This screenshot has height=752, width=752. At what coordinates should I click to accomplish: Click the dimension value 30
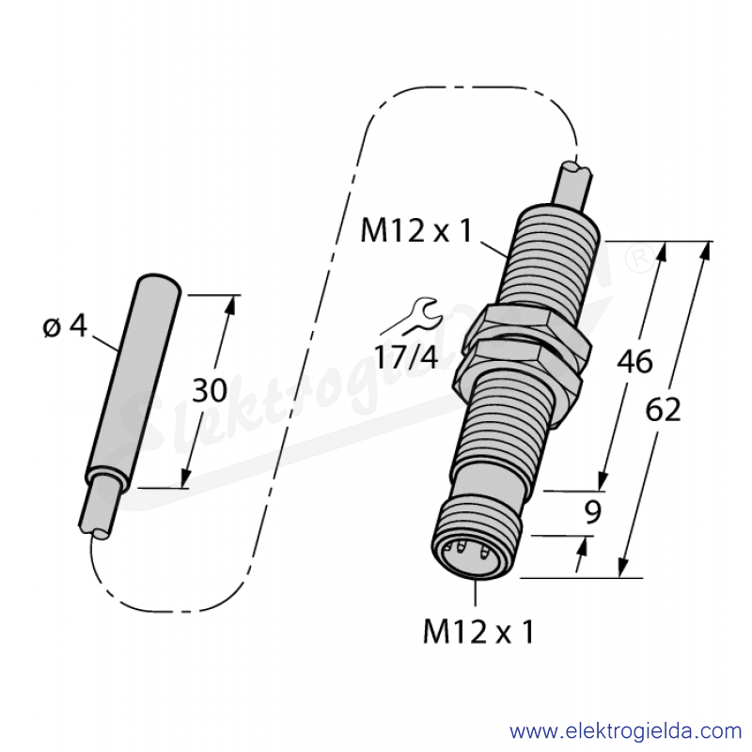pyautogui.click(x=210, y=390)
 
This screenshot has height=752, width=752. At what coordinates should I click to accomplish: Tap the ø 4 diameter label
pyautogui.click(x=65, y=326)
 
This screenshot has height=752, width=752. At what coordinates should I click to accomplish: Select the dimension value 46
pyautogui.click(x=634, y=361)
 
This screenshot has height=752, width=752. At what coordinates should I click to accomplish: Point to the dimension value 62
pyautogui.click(x=663, y=410)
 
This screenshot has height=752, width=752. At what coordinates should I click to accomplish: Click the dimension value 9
pyautogui.click(x=593, y=511)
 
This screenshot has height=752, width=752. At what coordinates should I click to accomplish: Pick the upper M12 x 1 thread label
pyautogui.click(x=416, y=230)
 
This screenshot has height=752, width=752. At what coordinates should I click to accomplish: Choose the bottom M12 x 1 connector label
pyautogui.click(x=478, y=631)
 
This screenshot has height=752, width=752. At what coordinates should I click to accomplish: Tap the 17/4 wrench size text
pyautogui.click(x=406, y=357)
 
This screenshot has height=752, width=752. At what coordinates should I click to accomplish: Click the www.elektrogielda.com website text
pyautogui.click(x=625, y=731)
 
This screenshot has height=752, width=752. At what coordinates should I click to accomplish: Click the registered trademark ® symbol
pyautogui.click(x=640, y=259)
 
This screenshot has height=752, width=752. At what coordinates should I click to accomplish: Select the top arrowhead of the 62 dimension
pyautogui.click(x=706, y=250)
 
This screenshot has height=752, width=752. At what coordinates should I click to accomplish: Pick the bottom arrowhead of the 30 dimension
pyautogui.click(x=185, y=478)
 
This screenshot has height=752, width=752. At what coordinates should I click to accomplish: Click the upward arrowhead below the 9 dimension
pyautogui.click(x=583, y=548)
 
